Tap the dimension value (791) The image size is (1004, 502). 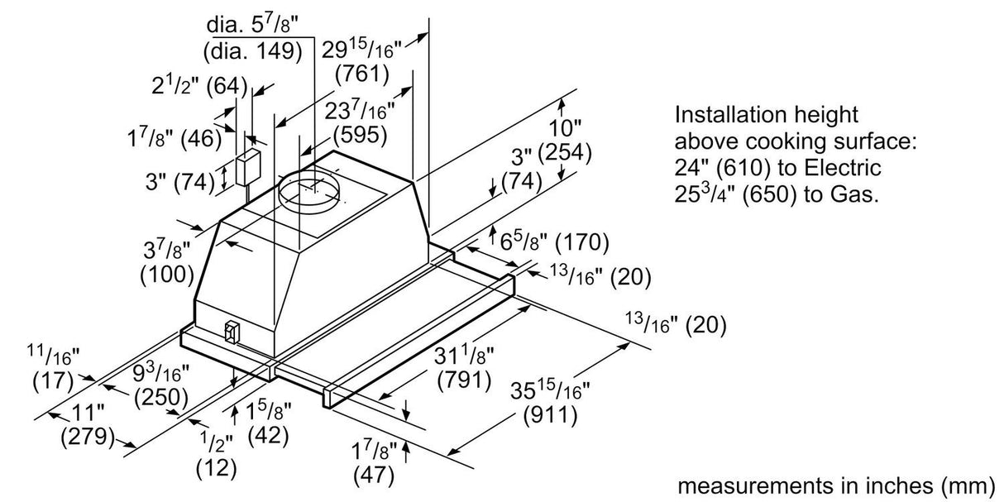[x=464, y=381]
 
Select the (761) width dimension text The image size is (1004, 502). [x=361, y=74]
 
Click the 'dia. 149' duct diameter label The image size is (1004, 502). [x=252, y=51]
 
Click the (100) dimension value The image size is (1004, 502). [x=168, y=273]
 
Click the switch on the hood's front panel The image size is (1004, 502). [x=231, y=332]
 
